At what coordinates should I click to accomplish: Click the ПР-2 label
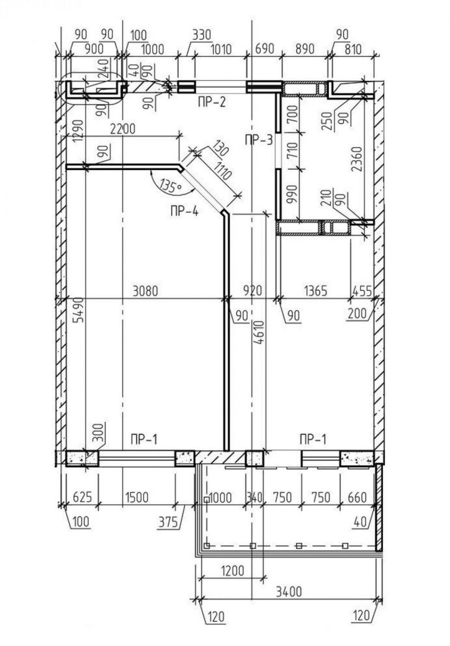coord(212,102)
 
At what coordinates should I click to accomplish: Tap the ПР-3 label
coord(259,140)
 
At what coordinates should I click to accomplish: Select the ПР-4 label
coord(184,212)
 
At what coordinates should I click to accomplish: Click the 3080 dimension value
coord(145,291)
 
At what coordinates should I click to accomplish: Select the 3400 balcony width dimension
coord(289,592)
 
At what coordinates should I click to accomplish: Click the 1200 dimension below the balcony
coord(233,571)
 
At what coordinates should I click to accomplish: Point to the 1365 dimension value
coord(316,291)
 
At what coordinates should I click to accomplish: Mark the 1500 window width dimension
coord(137,498)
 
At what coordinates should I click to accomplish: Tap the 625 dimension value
coord(83,498)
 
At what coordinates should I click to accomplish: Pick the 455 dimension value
coord(362,291)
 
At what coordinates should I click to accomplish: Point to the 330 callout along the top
coord(202,35)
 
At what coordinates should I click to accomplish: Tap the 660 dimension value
coord(357,498)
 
